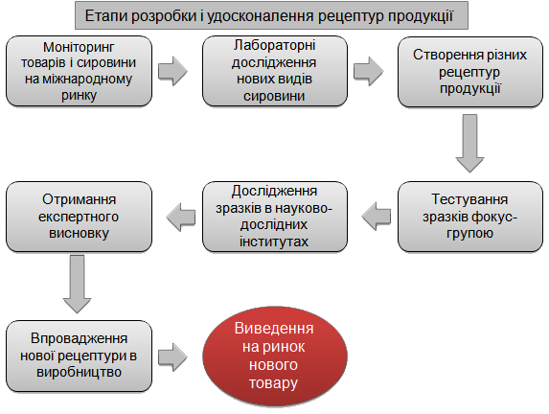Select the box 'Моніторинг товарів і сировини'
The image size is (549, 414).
tap(80, 71)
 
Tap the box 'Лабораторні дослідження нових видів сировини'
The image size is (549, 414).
tap(275, 71)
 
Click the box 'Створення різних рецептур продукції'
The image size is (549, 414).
tap(470, 72)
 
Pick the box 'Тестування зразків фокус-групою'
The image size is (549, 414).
tap(470, 217)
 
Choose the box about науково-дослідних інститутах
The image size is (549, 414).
tap(275, 217)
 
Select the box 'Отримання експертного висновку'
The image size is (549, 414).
tap(80, 217)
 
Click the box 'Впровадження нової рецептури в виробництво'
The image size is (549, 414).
tap(80, 356)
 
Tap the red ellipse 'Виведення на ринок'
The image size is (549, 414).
tap(275, 356)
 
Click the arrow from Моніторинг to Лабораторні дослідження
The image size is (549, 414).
tap(172, 71)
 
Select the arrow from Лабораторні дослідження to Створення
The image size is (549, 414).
tap(368, 71)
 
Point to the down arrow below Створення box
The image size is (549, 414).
tap(469, 143)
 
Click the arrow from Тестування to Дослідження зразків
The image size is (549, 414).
tap(377, 217)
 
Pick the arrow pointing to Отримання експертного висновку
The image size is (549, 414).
tap(181, 217)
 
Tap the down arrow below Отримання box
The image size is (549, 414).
tap(77, 284)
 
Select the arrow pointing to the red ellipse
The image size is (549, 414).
tap(172, 357)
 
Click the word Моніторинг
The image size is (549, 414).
tap(79, 47)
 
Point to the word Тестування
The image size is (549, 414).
tap(469, 199)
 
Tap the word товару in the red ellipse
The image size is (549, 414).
tap(273, 382)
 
